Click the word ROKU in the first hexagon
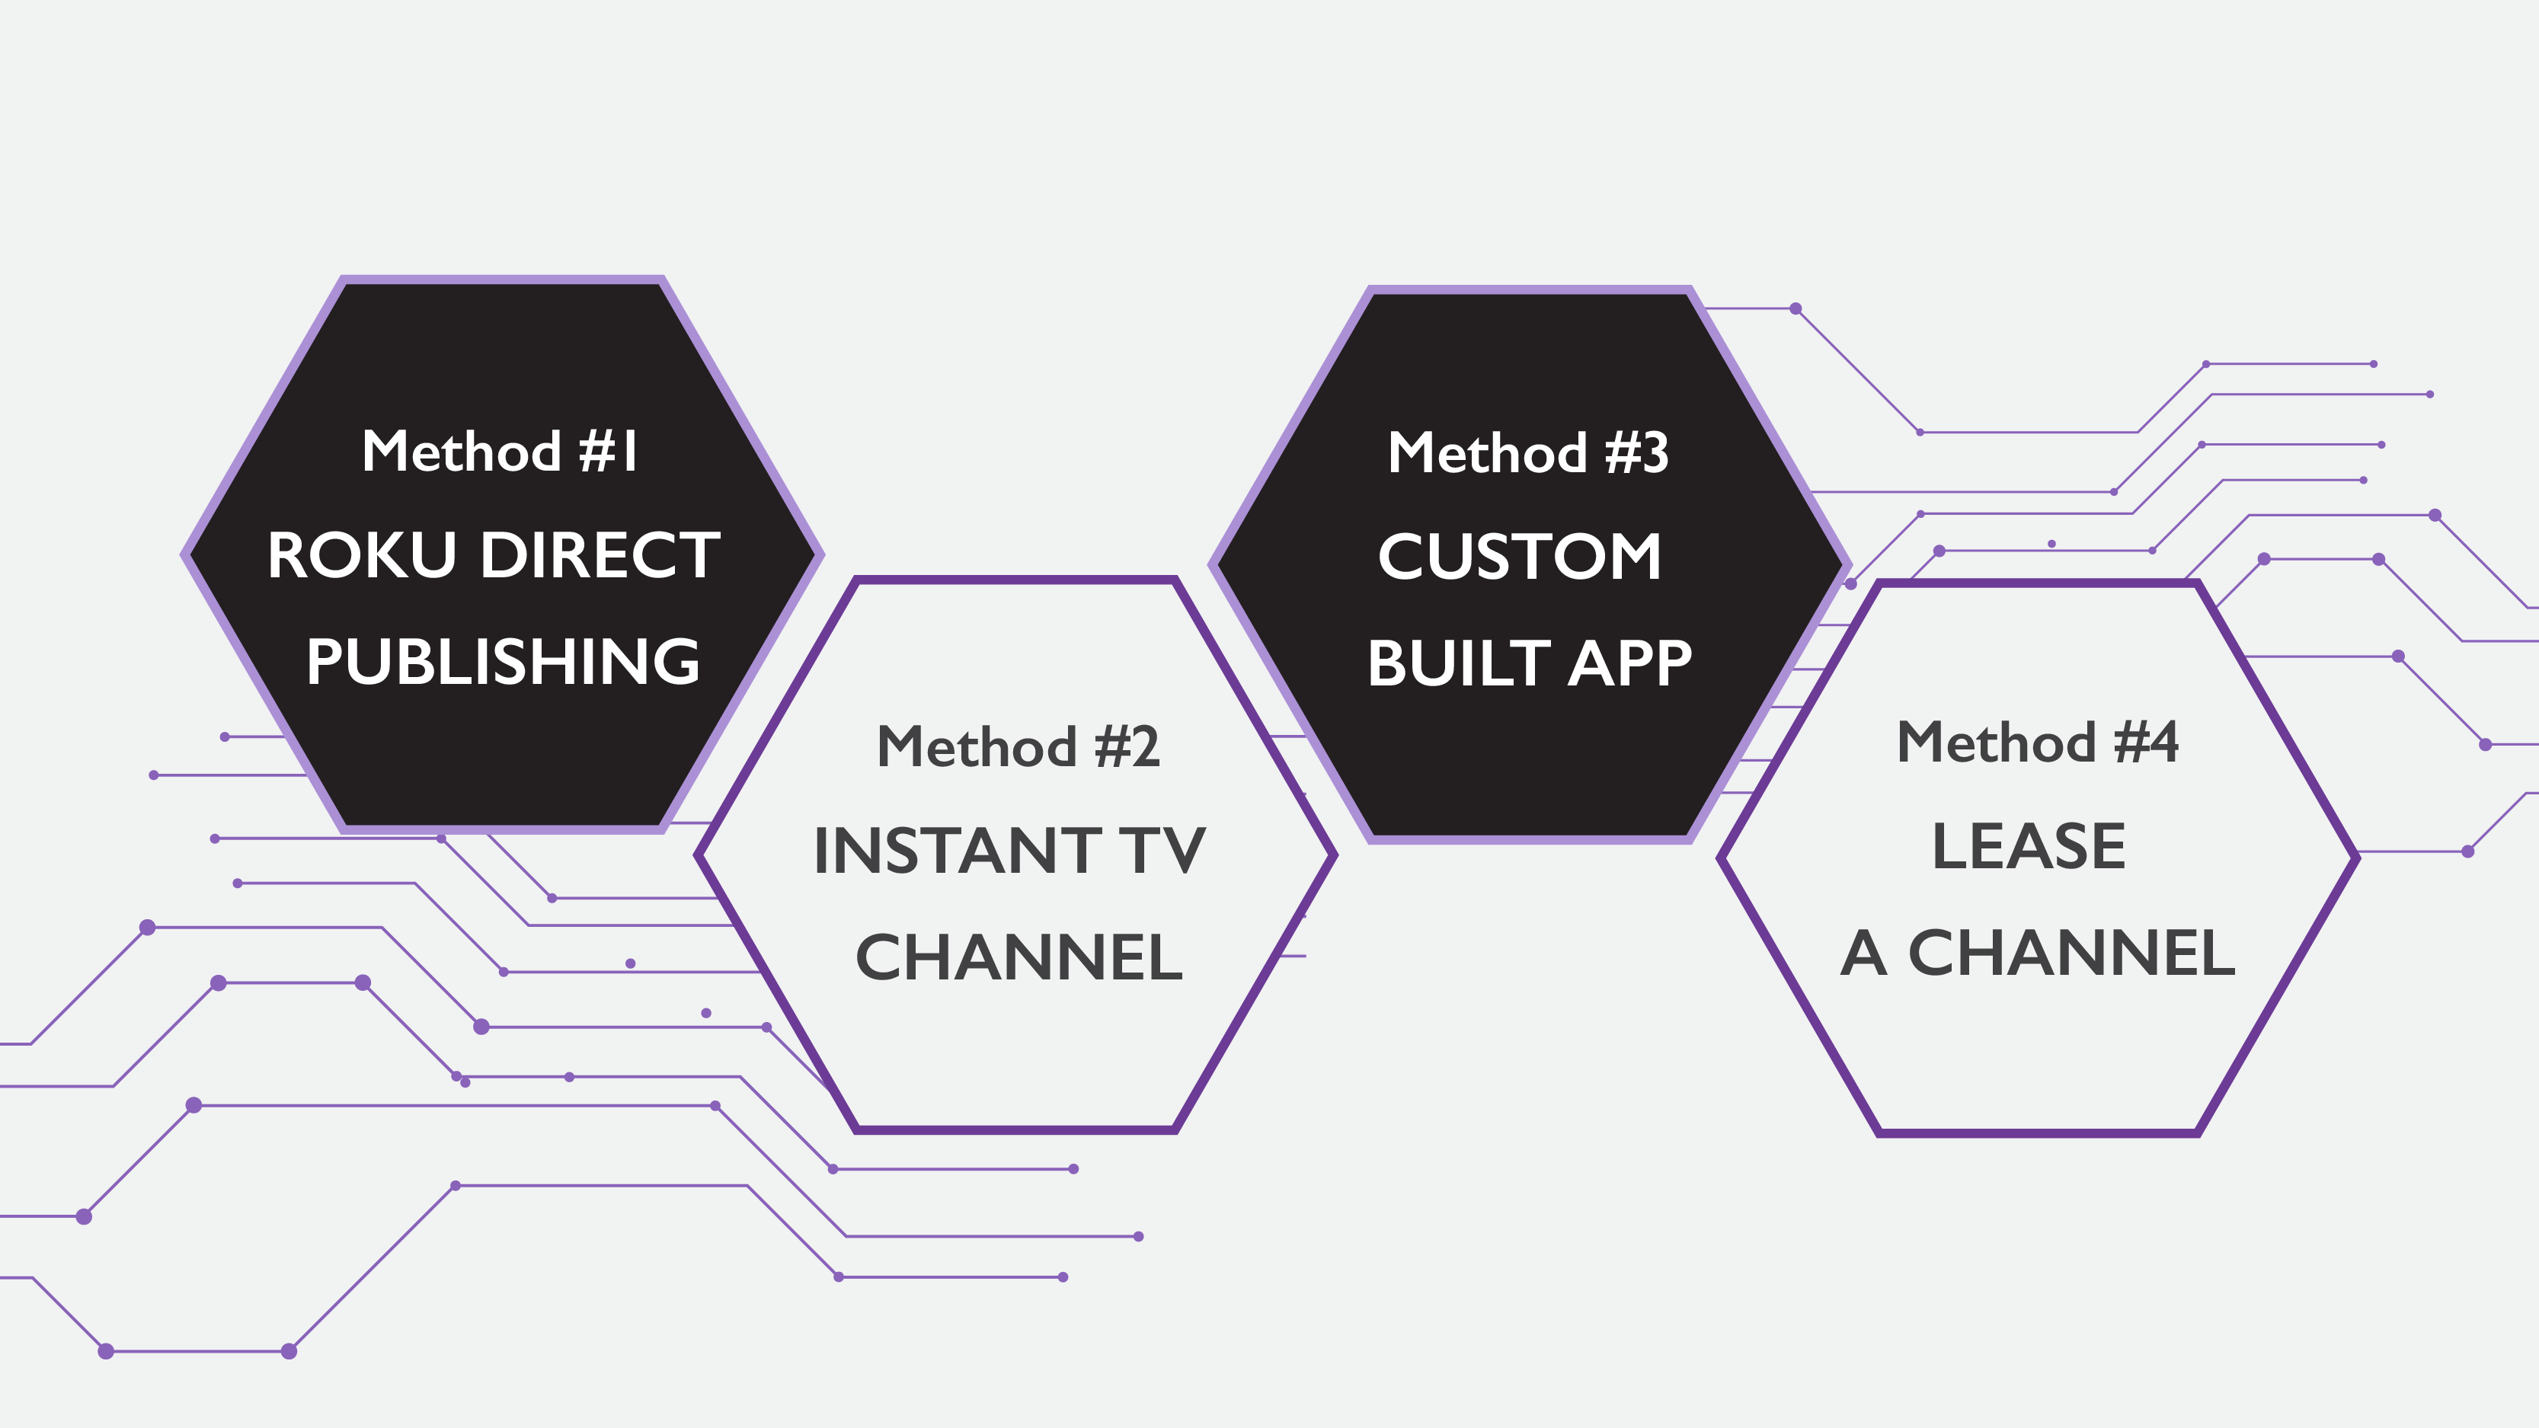pos(362,556)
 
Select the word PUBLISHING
pos(503,661)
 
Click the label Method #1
pos(500,452)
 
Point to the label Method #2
pos(1018,747)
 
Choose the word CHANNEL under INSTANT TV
pos(1019,958)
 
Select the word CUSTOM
pos(1520,557)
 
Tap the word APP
pos(1629,663)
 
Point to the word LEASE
pos(2029,847)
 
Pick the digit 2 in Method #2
pos(1145,747)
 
